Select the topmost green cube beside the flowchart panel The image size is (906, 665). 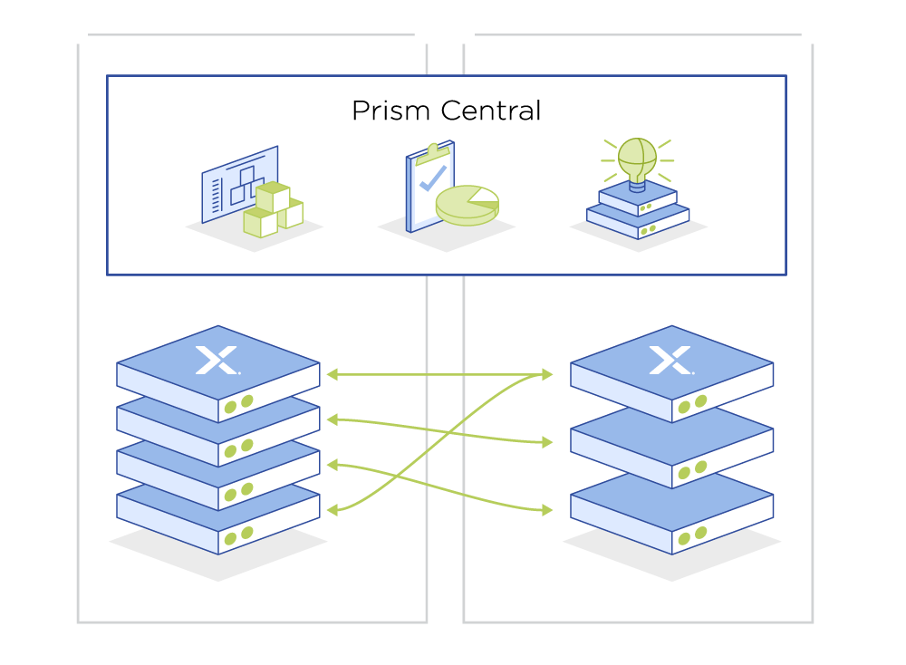(x=273, y=196)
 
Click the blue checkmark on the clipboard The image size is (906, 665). (x=432, y=176)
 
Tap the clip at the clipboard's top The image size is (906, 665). (x=433, y=149)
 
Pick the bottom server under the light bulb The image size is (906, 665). (x=638, y=223)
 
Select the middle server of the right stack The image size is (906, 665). (x=671, y=448)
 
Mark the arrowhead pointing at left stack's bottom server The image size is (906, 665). (x=332, y=511)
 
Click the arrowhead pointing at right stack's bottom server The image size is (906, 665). (x=547, y=511)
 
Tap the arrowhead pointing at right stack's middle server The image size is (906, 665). (x=547, y=442)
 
